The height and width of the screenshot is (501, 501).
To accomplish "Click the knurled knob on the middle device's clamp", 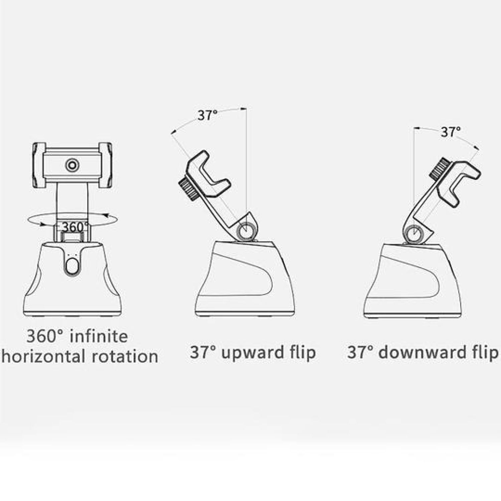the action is coord(188,189).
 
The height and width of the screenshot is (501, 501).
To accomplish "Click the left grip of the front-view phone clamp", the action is coord(39,165).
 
